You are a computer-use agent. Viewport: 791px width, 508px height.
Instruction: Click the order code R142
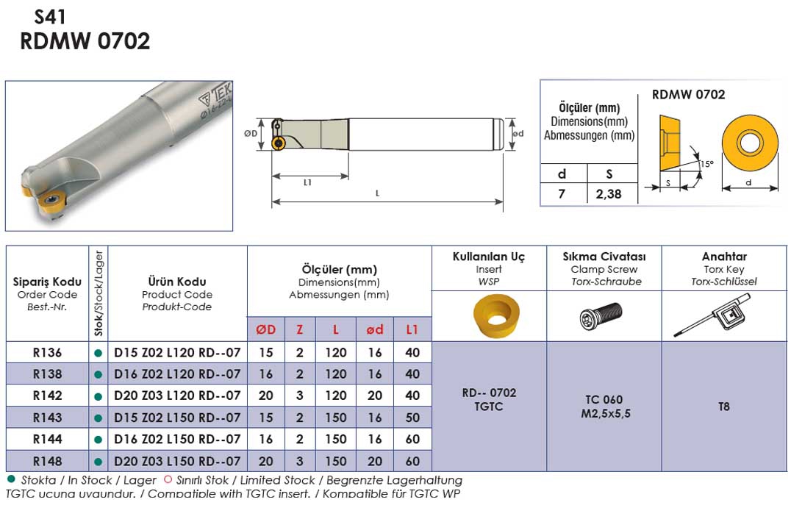click(x=48, y=396)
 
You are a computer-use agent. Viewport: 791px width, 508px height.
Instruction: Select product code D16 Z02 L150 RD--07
click(x=177, y=440)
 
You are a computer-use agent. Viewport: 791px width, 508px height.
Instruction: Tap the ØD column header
click(x=266, y=330)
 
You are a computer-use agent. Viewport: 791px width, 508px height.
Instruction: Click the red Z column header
click(x=300, y=330)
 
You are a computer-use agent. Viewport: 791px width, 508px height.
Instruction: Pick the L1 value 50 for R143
click(x=412, y=418)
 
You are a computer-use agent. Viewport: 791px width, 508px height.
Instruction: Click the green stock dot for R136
click(x=99, y=353)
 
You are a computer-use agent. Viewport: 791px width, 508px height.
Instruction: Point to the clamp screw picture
click(x=601, y=316)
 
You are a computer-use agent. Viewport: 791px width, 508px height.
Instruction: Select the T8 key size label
click(x=724, y=407)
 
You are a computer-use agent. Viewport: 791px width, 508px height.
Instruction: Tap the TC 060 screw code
click(x=604, y=400)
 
